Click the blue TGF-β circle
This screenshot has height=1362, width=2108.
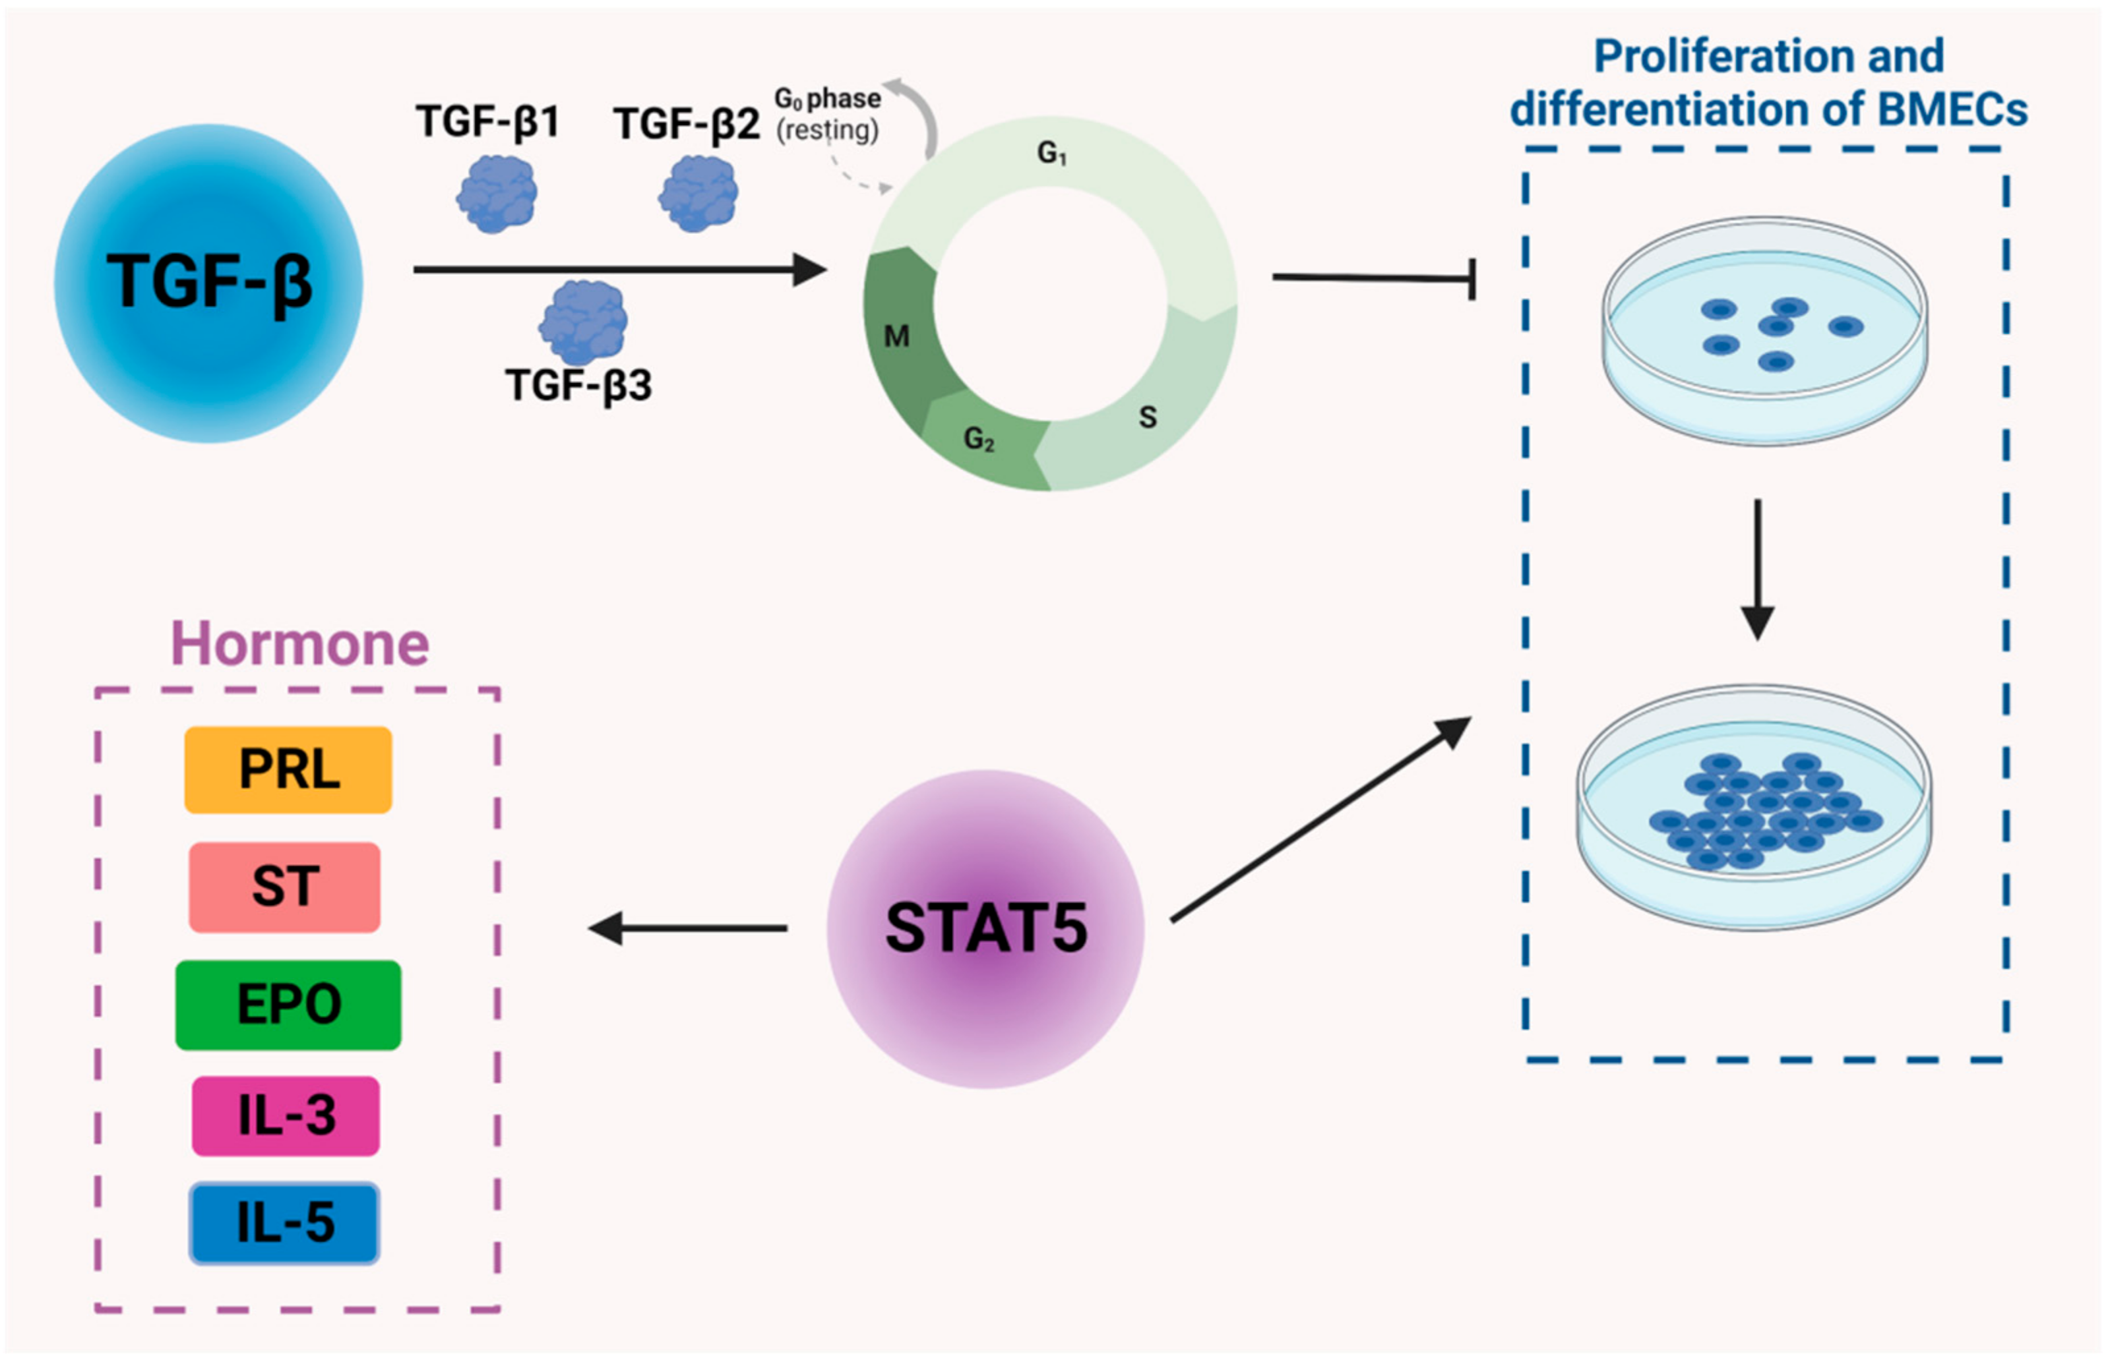(x=209, y=283)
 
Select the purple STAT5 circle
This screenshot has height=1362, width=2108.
(x=985, y=929)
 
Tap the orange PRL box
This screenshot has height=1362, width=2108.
(x=288, y=769)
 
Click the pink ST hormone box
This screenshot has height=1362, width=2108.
(x=285, y=886)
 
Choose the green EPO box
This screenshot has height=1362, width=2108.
(x=288, y=1005)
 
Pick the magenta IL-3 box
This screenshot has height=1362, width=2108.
(x=286, y=1115)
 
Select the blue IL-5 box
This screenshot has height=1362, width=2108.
(x=285, y=1223)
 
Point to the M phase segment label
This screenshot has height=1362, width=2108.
(x=896, y=336)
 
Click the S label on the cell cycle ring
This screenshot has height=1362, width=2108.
(x=1147, y=417)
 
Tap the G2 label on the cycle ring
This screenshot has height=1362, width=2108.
(x=978, y=438)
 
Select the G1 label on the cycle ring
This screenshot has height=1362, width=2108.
(x=1051, y=154)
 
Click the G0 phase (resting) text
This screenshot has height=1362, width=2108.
(x=827, y=114)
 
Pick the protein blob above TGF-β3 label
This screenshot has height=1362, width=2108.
(x=583, y=321)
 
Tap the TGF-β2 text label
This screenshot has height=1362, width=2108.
(x=687, y=123)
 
